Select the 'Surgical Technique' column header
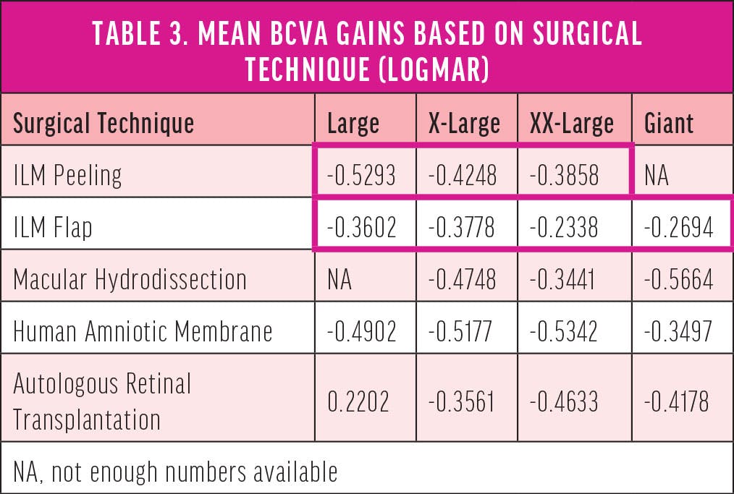coord(104,123)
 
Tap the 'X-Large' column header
coord(464,123)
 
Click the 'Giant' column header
coord(668,123)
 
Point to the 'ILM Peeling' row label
coord(68,175)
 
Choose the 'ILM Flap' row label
coord(53,228)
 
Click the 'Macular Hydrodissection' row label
coord(130,279)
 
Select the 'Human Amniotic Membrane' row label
coord(143,331)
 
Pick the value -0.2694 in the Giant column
coord(679,228)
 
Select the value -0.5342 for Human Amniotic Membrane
coord(565,331)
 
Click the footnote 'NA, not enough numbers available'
coord(175,472)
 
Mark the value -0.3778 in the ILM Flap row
coord(463,228)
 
